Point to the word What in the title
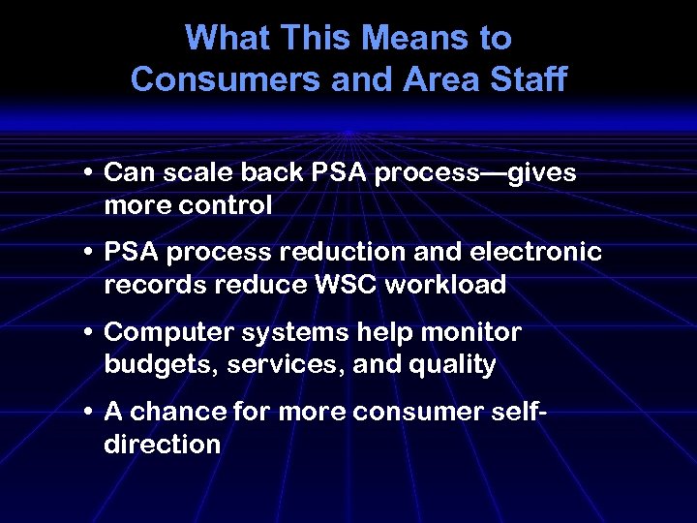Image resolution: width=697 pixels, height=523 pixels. (226, 39)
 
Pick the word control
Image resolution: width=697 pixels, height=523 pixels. (227, 206)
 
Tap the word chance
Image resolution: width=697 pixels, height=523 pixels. (177, 412)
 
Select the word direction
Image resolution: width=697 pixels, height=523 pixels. (162, 445)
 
